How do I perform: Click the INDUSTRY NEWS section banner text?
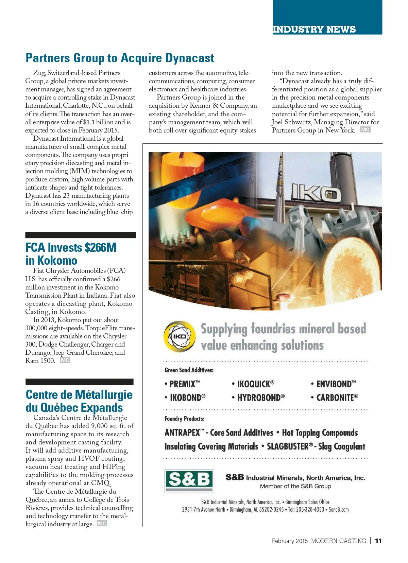pyautogui.click(x=314, y=30)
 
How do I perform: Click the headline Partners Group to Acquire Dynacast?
pyautogui.click(x=120, y=58)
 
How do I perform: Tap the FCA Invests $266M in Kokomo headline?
pyautogui.click(x=71, y=254)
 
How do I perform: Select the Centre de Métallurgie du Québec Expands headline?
pyautogui.click(x=79, y=401)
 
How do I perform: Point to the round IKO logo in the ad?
pyautogui.click(x=180, y=336)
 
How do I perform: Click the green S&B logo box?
pyautogui.click(x=189, y=480)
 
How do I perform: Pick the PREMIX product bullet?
pyautogui.click(x=182, y=384)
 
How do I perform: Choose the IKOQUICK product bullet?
pyautogui.click(x=253, y=384)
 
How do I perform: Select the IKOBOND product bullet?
pyautogui.click(x=185, y=398)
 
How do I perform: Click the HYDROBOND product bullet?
pyautogui.click(x=258, y=398)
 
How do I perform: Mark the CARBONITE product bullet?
pyautogui.click(x=335, y=398)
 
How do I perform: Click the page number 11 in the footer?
pyautogui.click(x=378, y=541)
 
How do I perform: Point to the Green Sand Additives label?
pyautogui.click(x=189, y=370)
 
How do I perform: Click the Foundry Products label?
pyautogui.click(x=185, y=419)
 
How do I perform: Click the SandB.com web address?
pyautogui.click(x=339, y=510)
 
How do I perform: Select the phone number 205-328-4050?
pyautogui.click(x=310, y=510)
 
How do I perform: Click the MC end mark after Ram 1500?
pyautogui.click(x=65, y=360)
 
